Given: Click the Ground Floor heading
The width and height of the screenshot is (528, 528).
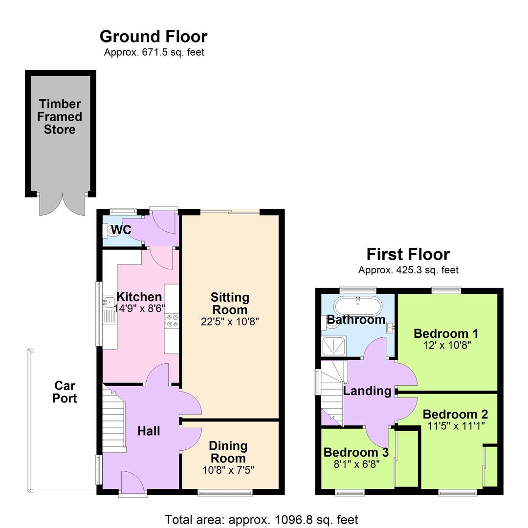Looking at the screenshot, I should pyautogui.click(x=154, y=37).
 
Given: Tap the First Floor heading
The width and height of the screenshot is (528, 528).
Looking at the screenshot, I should pyautogui.click(x=408, y=254).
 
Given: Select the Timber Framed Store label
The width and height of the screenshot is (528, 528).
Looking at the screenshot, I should pyautogui.click(x=60, y=117).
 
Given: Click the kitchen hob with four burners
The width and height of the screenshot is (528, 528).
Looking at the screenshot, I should pyautogui.click(x=172, y=321).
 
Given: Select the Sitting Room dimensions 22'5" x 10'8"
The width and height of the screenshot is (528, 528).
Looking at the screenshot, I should pyautogui.click(x=230, y=322).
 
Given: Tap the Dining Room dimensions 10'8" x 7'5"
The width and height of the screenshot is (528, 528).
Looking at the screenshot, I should pyautogui.click(x=228, y=470).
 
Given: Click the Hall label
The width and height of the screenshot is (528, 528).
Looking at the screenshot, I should pyautogui.click(x=149, y=431).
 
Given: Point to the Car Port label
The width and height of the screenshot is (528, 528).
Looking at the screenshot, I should pyautogui.click(x=65, y=392).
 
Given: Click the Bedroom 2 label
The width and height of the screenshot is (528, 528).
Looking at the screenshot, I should pyautogui.click(x=455, y=414).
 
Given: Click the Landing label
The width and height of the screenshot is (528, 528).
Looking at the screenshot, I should pyautogui.click(x=367, y=391).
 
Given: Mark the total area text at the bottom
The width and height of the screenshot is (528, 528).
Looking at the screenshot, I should pyautogui.click(x=262, y=519).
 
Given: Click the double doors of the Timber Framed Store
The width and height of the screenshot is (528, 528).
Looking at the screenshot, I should pyautogui.click(x=63, y=204).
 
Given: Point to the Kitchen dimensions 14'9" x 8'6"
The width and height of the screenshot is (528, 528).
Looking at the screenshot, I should pyautogui.click(x=139, y=308).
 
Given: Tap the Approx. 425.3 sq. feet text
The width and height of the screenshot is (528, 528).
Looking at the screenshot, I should pyautogui.click(x=408, y=270).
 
